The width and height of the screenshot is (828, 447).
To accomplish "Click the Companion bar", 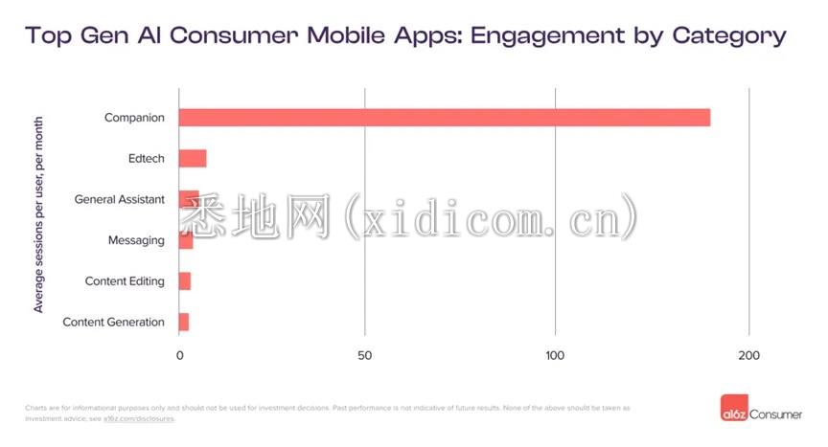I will [x=445, y=118].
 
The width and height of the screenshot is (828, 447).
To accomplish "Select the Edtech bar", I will [x=193, y=159].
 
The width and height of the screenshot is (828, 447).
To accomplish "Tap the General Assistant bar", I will [x=189, y=199].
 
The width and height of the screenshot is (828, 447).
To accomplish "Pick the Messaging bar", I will [x=186, y=240].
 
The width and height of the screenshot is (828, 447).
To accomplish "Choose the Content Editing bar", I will [x=185, y=281].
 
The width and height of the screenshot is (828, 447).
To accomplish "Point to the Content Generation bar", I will [x=184, y=322].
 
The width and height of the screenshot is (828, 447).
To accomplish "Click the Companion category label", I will [x=134, y=118].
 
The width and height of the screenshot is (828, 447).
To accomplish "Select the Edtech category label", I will [x=146, y=159].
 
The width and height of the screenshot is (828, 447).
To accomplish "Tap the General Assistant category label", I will [x=120, y=199].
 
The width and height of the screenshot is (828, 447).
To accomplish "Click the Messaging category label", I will [x=136, y=240].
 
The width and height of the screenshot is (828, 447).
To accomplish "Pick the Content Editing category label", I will [x=125, y=281].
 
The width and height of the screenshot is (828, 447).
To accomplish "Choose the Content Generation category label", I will [x=113, y=323].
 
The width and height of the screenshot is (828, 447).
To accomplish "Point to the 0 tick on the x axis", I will [x=179, y=356].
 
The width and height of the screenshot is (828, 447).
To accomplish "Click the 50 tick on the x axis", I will [x=365, y=356].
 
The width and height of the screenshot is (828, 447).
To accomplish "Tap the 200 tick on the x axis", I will [x=749, y=356].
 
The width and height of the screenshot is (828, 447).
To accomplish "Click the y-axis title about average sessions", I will [x=39, y=214].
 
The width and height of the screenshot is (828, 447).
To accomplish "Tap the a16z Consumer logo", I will [x=761, y=413].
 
